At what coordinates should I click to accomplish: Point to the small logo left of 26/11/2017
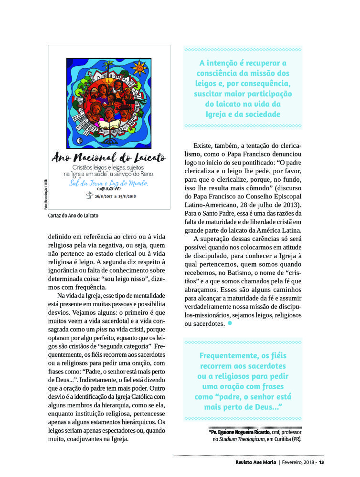88,195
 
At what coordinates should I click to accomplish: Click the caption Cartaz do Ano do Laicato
73,216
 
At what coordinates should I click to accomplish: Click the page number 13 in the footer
322,462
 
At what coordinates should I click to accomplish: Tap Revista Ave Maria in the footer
255,462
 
